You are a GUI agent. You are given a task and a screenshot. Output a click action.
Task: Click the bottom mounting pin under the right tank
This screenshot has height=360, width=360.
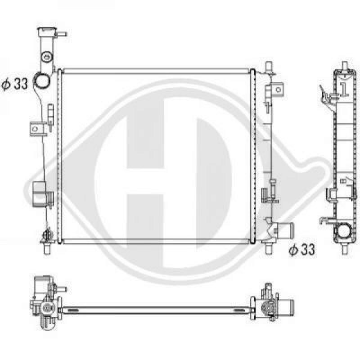[x=268, y=247]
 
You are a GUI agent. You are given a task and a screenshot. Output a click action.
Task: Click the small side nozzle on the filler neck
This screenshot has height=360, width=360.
[x=62, y=33]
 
